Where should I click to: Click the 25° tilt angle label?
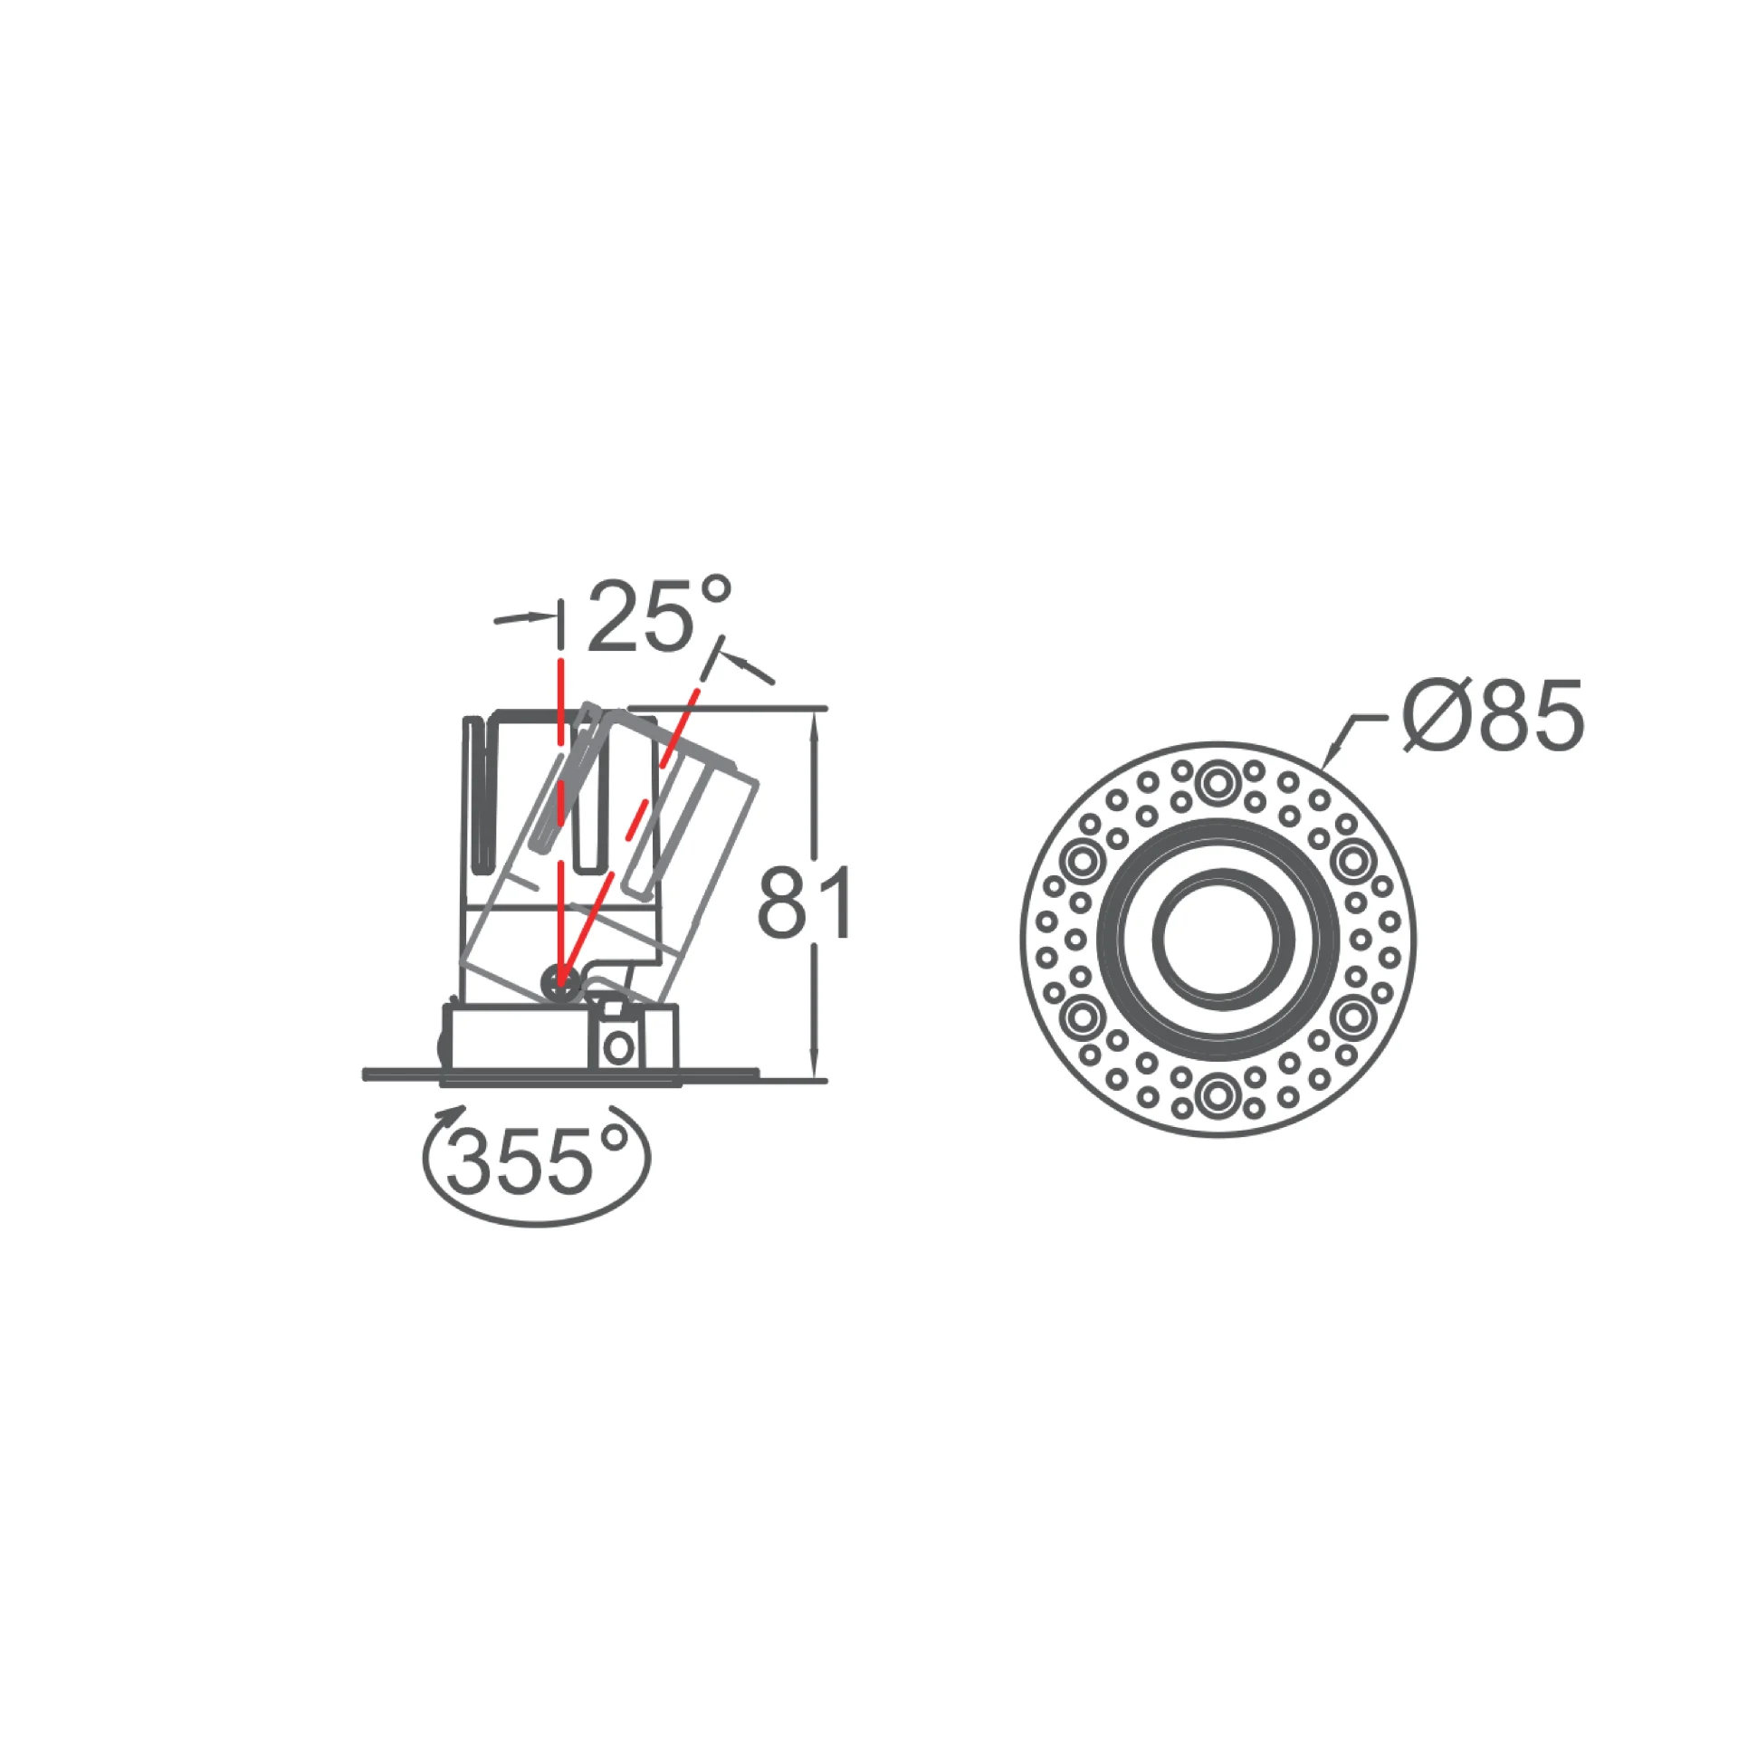pos(659,615)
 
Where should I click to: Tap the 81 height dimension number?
pos(805,902)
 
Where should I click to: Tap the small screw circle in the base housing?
pos(619,1048)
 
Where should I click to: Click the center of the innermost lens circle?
pos(1218,939)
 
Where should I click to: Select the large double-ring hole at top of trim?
pos(1218,782)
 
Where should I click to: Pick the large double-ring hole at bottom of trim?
pos(1218,1095)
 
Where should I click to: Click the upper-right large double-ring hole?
pos(1353,861)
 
